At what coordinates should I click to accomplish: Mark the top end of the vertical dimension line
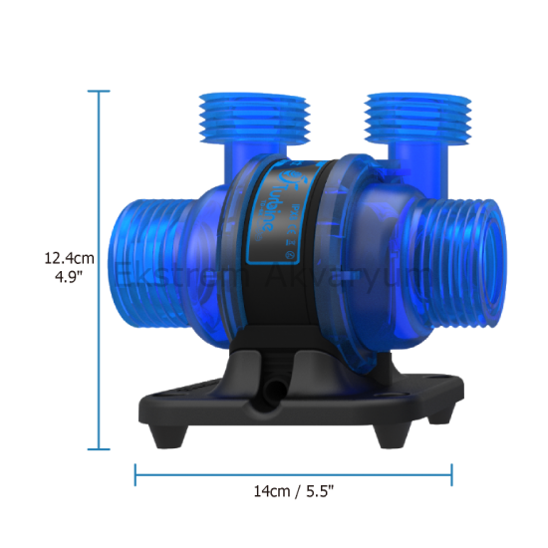click(98, 91)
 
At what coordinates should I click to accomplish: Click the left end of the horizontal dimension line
click(136, 473)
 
